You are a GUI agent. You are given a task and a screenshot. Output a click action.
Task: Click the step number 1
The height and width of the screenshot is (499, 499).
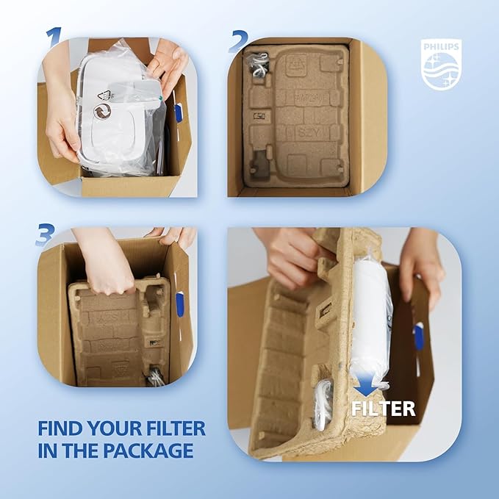pyautogui.click(x=54, y=37)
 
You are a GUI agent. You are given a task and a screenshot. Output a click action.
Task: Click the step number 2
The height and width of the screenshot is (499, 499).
pyautogui.click(x=238, y=41)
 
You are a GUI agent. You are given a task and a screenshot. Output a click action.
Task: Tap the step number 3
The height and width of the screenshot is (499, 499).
pyautogui.click(x=45, y=234)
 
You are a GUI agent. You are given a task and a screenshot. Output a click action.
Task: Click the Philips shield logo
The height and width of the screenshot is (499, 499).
pyautogui.click(x=441, y=65)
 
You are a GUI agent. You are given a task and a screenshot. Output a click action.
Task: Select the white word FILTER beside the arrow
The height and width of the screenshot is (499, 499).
pyautogui.click(x=384, y=409)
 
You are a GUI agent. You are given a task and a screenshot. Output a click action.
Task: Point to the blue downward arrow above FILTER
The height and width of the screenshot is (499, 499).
pyautogui.click(x=366, y=384)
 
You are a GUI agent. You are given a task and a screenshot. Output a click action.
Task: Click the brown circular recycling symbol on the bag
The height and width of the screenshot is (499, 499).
pyautogui.click(x=102, y=112)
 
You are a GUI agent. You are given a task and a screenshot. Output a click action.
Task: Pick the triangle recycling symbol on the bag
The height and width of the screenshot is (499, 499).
pyautogui.click(x=104, y=96)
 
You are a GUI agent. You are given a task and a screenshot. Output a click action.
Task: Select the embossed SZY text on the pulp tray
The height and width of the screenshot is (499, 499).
pyautogui.click(x=308, y=132)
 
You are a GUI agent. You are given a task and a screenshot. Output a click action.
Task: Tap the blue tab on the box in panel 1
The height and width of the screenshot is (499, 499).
pyautogui.click(x=178, y=113)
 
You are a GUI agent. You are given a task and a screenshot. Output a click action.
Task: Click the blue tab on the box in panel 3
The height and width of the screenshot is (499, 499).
pyautogui.click(x=180, y=304)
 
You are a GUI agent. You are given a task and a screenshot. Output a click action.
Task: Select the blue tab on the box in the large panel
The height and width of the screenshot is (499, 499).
pyautogui.click(x=418, y=336)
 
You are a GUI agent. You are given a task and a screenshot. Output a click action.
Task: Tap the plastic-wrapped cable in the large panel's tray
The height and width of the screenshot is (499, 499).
pyautogui.click(x=323, y=404)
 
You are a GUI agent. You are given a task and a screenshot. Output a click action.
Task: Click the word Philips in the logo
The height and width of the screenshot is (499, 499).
pyautogui.click(x=441, y=47)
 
